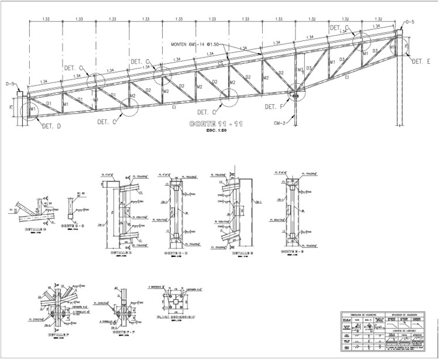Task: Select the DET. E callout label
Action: (421, 61)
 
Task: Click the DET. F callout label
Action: (274, 107)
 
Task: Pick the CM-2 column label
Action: (280, 123)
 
